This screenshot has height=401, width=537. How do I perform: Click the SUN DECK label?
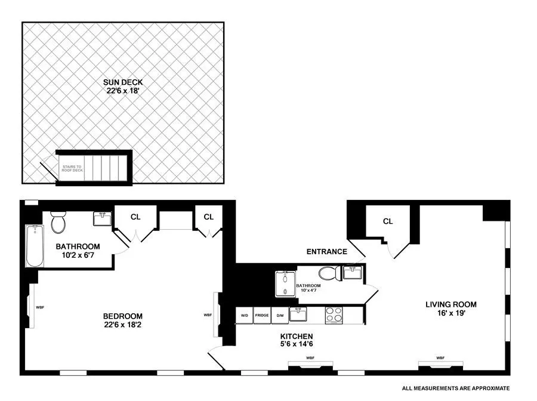[x=124, y=82]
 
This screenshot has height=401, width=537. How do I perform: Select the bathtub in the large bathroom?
[x=33, y=246]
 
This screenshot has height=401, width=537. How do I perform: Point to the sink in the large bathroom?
[x=102, y=219]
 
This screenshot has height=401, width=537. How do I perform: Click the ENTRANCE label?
[x=327, y=252]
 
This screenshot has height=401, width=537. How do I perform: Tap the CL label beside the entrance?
[x=388, y=221]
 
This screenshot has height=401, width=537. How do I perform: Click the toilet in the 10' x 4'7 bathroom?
[x=329, y=274]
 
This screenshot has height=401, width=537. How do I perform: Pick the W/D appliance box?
[x=245, y=314]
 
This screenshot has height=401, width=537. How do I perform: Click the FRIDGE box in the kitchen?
[x=262, y=314]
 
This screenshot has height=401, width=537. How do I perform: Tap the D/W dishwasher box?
[x=279, y=314]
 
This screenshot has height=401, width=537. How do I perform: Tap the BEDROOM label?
[x=123, y=316]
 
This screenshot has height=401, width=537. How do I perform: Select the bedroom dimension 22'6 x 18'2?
[x=123, y=325]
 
